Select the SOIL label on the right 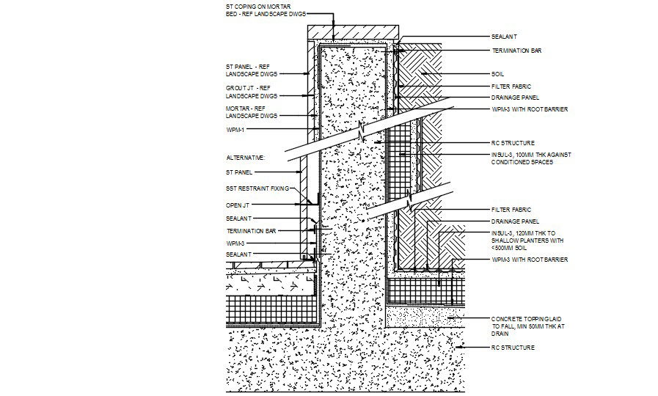click(x=498, y=74)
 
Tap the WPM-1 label click(x=235, y=129)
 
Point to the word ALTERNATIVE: click(x=245, y=158)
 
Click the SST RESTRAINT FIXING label click(x=257, y=188)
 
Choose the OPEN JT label click(x=238, y=205)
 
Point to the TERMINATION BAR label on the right click(x=516, y=51)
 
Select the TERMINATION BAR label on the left click(x=251, y=230)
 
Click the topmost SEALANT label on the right click(x=505, y=36)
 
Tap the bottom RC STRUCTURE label click(x=513, y=347)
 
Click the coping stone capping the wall click(x=353, y=34)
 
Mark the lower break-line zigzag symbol click(x=411, y=198)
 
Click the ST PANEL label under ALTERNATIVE click(x=239, y=172)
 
